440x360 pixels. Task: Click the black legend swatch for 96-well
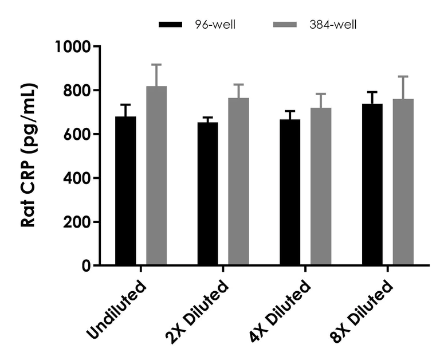point(171,25)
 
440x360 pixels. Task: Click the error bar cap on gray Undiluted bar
point(156,65)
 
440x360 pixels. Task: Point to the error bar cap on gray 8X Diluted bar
point(403,76)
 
